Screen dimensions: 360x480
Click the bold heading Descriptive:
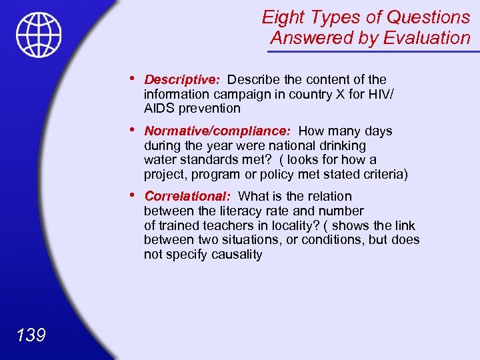tap(182, 80)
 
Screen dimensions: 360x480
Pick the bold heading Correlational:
tap(187, 197)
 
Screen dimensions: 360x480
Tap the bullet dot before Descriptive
tap(136, 79)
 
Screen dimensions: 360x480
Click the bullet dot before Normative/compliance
tap(136, 130)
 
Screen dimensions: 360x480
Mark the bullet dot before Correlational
tap(136, 195)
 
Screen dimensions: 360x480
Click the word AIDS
tap(159, 108)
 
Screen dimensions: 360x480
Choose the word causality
tap(237, 255)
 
